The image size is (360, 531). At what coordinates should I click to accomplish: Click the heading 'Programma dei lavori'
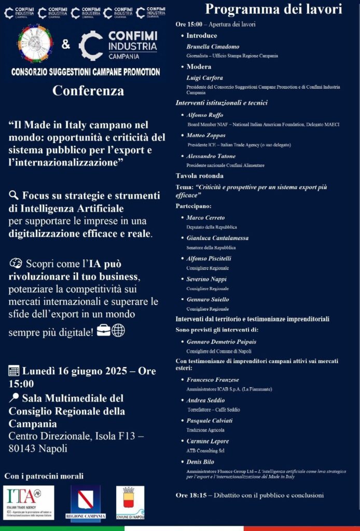[x=273, y=9]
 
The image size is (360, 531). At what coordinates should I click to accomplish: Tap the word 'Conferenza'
[x=88, y=91]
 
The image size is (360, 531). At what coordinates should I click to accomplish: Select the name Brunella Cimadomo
[x=213, y=46]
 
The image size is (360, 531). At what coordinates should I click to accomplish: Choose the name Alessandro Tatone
[x=211, y=156]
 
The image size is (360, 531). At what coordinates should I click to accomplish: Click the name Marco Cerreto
[x=205, y=217]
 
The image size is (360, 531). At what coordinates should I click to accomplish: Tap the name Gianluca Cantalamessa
[x=217, y=238]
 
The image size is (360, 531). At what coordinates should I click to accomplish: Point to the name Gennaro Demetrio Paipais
[x=221, y=342]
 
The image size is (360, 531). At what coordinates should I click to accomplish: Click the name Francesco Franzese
[x=213, y=380]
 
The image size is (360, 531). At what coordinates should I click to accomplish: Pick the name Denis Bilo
[x=200, y=462]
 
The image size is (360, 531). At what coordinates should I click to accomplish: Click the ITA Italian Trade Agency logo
[x=29, y=502]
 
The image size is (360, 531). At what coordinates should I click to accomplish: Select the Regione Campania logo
[x=86, y=502]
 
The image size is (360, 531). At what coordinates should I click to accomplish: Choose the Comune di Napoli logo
[x=130, y=502]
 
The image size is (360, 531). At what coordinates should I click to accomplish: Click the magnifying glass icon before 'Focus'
[x=14, y=195]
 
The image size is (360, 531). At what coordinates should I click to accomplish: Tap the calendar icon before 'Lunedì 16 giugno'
[x=14, y=371]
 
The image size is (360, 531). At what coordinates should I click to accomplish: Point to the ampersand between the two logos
[x=66, y=45]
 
